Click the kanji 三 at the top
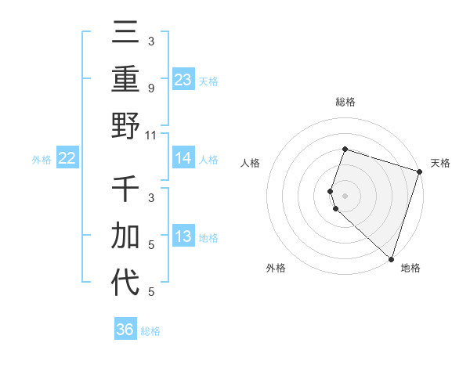tap(126, 34)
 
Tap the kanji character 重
tap(126, 79)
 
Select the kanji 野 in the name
tap(126, 124)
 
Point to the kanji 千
tap(126, 190)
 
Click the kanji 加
tap(126, 236)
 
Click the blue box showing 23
tap(183, 80)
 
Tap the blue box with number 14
tap(183, 158)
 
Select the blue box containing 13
tap(183, 237)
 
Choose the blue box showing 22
tap(67, 158)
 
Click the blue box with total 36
tap(125, 330)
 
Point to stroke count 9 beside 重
tap(150, 88)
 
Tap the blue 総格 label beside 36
tap(150, 331)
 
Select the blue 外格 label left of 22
tap(42, 160)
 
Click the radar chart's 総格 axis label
tap(345, 102)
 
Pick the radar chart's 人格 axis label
tap(251, 163)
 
